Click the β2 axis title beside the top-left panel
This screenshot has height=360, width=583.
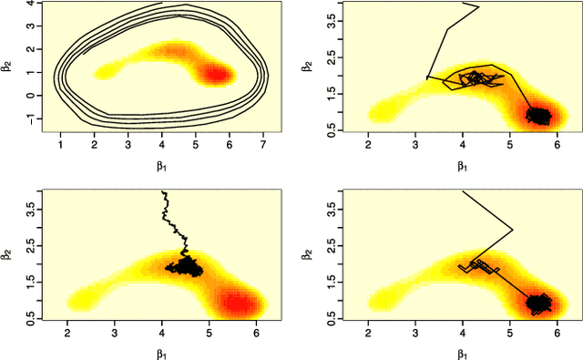pyautogui.click(x=8, y=66)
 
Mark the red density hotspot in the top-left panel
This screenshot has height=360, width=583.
pyautogui.click(x=217, y=74)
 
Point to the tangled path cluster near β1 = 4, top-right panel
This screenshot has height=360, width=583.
pyautogui.click(x=474, y=78)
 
